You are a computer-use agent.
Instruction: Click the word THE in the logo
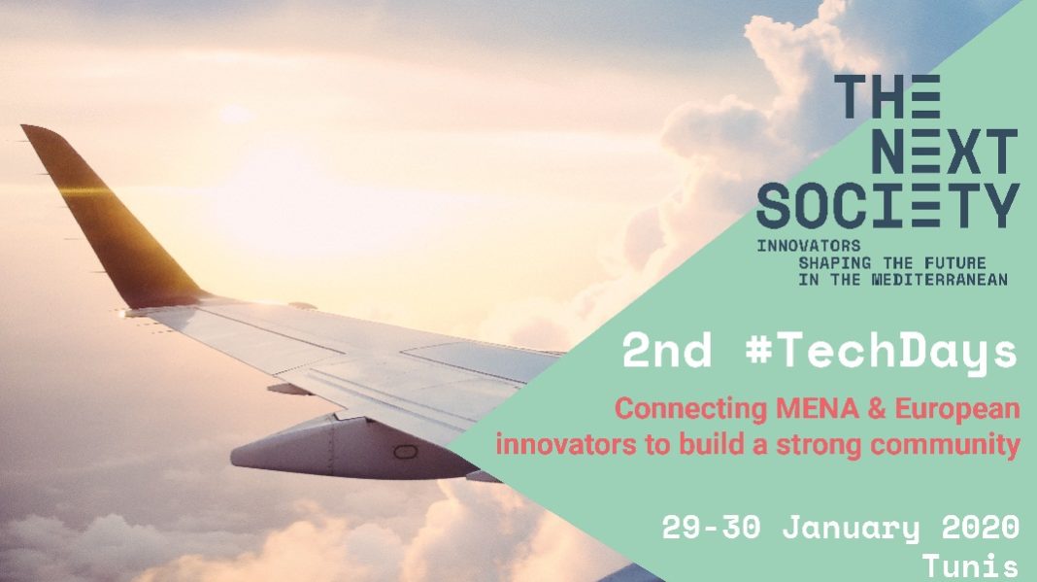(x=887, y=96)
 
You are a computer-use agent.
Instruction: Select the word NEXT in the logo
(x=945, y=152)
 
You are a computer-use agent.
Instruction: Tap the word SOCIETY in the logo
(x=888, y=206)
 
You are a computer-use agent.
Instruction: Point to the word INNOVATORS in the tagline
(x=809, y=246)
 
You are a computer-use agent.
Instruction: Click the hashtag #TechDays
(x=881, y=352)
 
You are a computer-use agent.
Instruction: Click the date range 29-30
(x=711, y=527)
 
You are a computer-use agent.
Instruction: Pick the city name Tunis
(x=970, y=566)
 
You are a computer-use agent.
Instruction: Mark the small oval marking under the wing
(x=406, y=452)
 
